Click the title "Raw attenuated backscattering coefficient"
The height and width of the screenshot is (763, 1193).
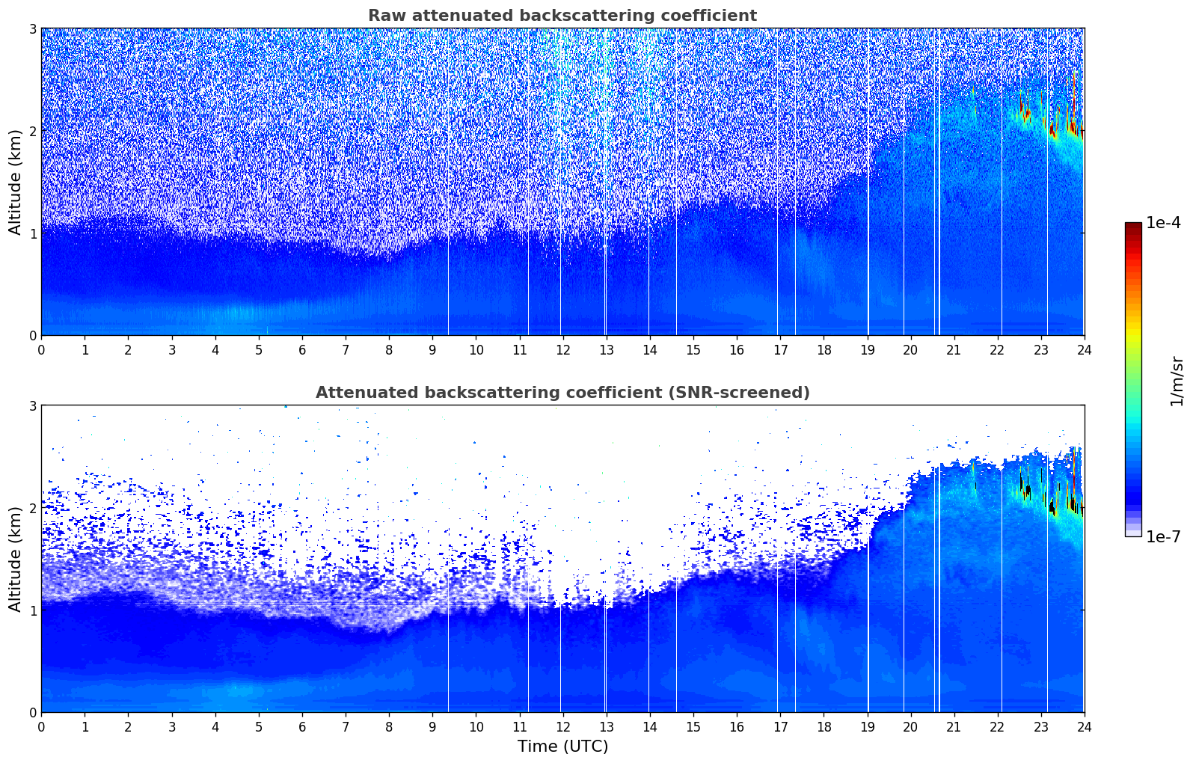(x=562, y=16)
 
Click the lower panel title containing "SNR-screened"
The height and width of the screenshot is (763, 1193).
(x=562, y=393)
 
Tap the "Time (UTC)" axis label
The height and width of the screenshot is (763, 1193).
(x=562, y=746)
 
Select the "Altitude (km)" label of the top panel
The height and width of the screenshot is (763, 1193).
(x=15, y=182)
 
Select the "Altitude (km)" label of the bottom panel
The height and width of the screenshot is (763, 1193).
(x=15, y=559)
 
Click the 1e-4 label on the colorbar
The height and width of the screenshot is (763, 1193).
(x=1163, y=223)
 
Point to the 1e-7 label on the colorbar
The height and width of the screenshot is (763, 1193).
(x=1163, y=536)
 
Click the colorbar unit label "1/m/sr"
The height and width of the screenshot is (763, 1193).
(x=1177, y=381)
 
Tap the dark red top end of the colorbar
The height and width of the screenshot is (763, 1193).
(x=1133, y=226)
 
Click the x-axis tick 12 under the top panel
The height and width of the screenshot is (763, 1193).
(x=562, y=350)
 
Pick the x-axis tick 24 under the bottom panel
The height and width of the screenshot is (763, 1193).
(x=1084, y=727)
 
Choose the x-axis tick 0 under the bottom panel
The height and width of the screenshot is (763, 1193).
(x=41, y=727)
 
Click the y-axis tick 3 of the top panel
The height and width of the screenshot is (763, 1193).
(x=33, y=28)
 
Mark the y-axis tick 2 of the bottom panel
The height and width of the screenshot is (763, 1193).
(x=33, y=508)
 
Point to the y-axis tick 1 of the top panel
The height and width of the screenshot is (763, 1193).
(x=33, y=233)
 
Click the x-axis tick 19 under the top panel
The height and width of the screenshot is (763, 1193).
(x=867, y=350)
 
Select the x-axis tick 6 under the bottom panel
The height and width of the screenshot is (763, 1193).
(x=302, y=727)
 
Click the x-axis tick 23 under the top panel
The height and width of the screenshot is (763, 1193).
(x=1040, y=350)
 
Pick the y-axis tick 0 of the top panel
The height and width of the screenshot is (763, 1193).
(x=33, y=336)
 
